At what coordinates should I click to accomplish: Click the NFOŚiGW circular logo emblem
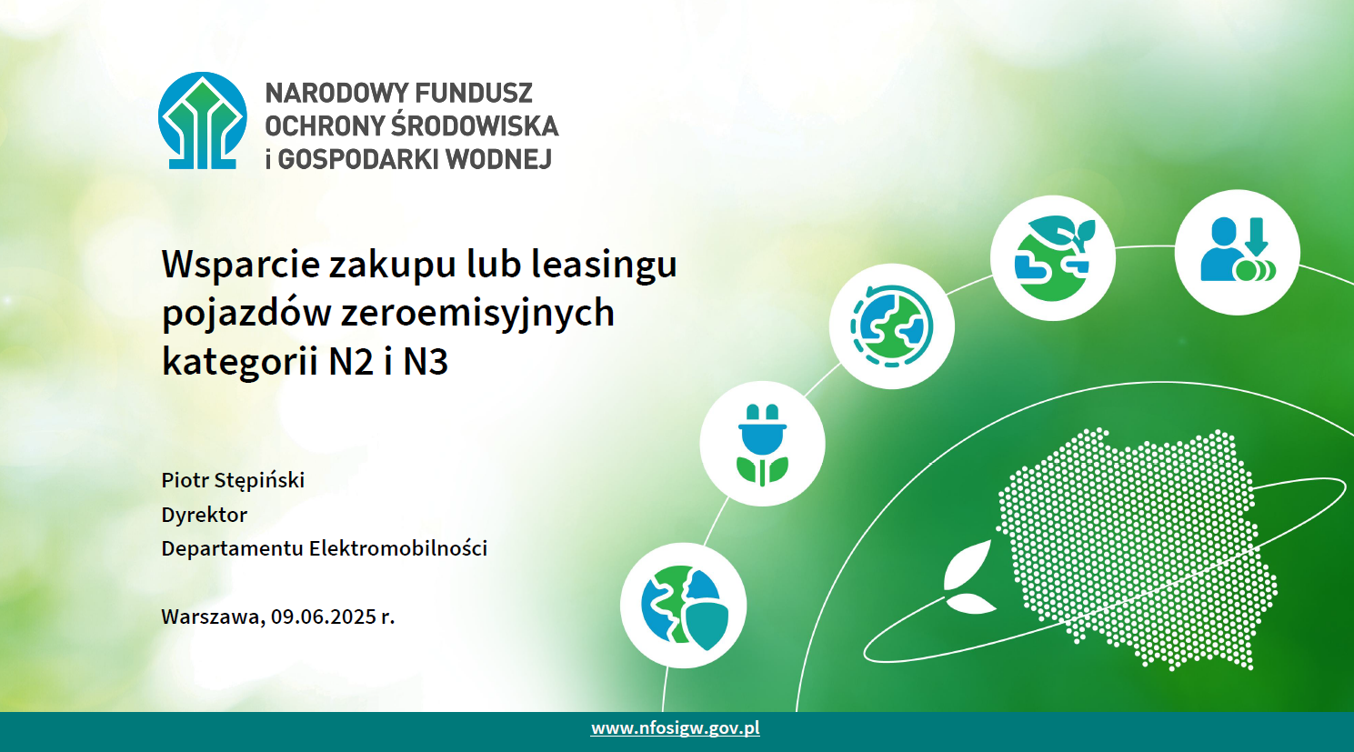point(203,120)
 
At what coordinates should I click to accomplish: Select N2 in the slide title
point(351,362)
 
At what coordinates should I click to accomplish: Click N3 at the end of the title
point(426,362)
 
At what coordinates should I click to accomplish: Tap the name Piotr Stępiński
point(233,481)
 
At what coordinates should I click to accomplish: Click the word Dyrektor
point(205,515)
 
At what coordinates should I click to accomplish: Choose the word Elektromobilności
point(397,548)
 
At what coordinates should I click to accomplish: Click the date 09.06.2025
point(324,617)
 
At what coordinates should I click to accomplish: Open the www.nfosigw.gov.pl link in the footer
point(676,728)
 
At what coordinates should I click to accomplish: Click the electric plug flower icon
point(762,444)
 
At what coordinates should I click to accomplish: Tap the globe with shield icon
point(683,606)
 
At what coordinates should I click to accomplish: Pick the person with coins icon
point(1238,252)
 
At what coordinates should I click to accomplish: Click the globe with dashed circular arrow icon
point(891,326)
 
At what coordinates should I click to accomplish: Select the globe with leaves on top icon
point(1053,258)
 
